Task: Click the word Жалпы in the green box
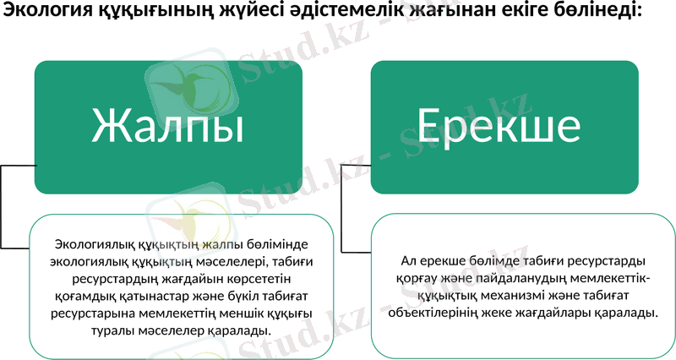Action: [167, 126]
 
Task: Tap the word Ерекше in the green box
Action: [499, 126]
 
